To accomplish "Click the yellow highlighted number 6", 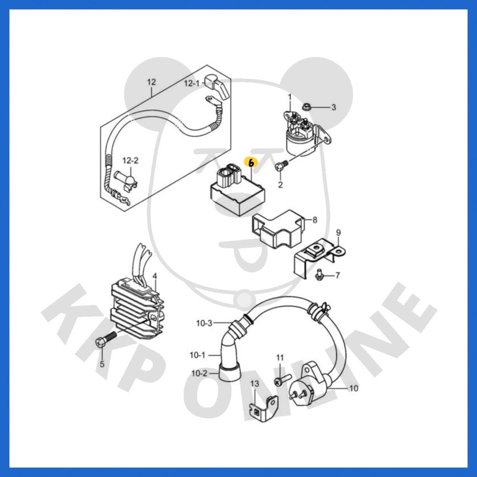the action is (251, 163).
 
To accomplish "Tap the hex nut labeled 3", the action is (306, 107).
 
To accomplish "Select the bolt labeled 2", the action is (281, 166).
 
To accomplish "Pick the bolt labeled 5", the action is (106, 339).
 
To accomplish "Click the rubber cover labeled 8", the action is (277, 229).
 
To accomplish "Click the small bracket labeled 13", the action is (264, 408).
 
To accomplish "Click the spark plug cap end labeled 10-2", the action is (230, 373).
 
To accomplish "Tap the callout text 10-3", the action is (204, 323).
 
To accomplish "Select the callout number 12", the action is (151, 82).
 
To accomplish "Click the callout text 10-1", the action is (197, 355).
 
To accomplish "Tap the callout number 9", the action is (338, 233).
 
